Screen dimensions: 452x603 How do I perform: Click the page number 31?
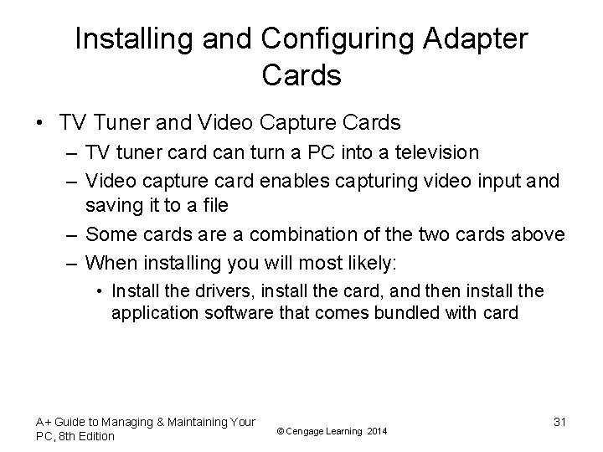click(x=559, y=422)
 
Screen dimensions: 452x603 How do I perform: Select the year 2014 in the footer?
click(x=377, y=430)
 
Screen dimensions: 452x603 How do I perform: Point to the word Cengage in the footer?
click(x=307, y=430)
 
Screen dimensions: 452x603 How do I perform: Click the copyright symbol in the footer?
click(x=281, y=430)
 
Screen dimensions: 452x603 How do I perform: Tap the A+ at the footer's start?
click(x=44, y=422)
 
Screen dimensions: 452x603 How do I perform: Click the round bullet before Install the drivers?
click(x=100, y=292)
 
